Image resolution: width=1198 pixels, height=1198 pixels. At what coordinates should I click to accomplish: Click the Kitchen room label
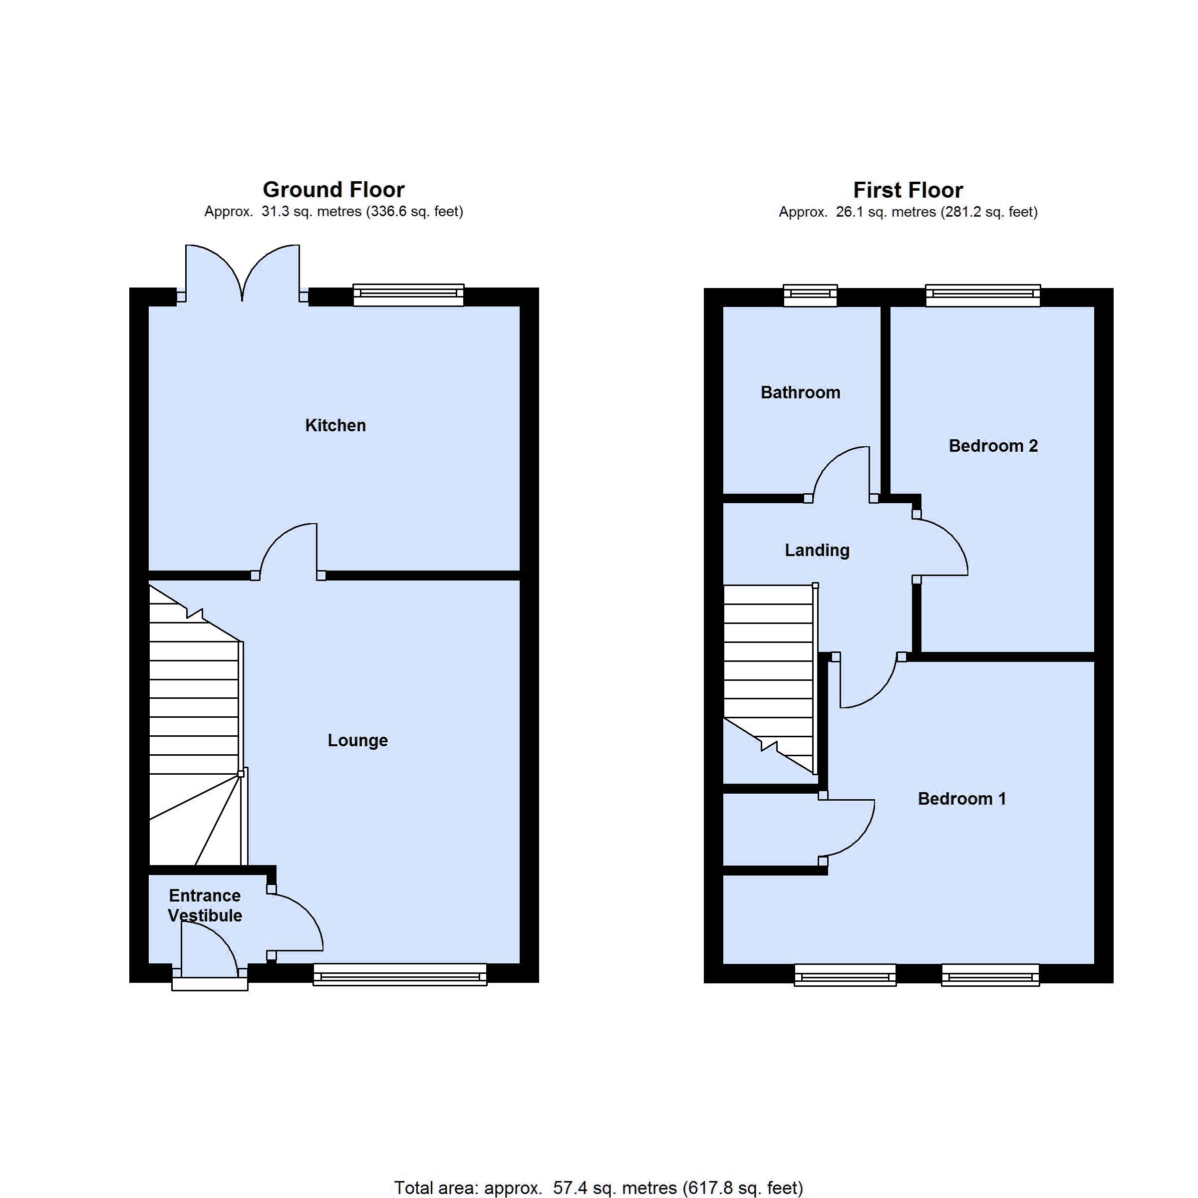335,425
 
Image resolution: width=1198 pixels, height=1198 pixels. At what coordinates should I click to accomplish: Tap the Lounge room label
358,740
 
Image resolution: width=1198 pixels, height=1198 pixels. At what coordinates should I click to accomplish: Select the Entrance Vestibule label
205,905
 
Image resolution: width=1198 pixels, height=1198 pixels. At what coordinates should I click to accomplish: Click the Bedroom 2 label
993,446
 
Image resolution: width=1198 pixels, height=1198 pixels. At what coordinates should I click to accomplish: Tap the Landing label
817,550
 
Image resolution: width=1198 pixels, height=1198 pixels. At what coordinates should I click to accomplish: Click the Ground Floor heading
333,189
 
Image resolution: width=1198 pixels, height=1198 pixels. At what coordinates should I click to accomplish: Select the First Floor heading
908,190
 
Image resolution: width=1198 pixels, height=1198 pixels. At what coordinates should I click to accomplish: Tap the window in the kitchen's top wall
408,295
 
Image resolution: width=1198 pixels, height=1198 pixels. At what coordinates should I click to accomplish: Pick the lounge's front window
400,974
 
